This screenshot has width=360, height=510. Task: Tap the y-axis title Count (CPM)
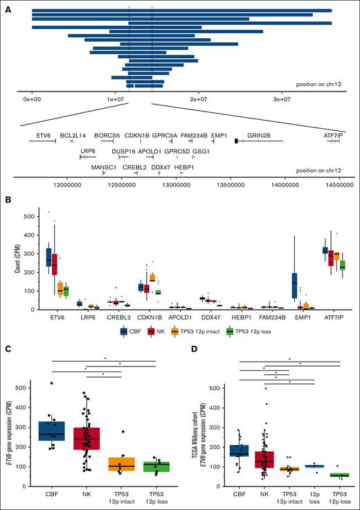click(8, 255)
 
